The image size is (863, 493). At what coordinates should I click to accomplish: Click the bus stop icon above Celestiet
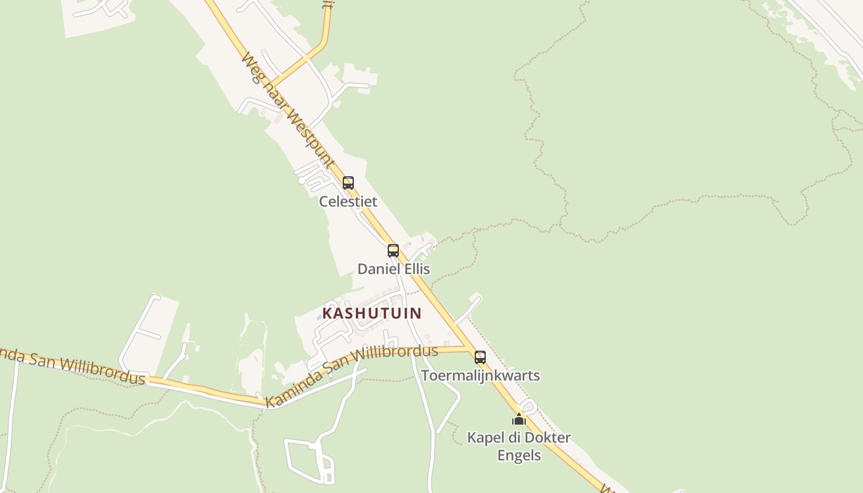pyautogui.click(x=348, y=183)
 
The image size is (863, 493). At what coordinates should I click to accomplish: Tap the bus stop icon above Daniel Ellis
pyautogui.click(x=393, y=251)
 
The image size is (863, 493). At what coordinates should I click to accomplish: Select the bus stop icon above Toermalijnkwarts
pyautogui.click(x=480, y=357)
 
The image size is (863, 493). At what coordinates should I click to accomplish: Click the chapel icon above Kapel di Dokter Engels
pyautogui.click(x=519, y=420)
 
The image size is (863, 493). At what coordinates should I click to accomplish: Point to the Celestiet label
pyautogui.click(x=348, y=202)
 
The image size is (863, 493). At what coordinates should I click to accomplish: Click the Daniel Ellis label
pyautogui.click(x=394, y=269)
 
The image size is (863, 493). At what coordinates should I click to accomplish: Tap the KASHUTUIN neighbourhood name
pyautogui.click(x=372, y=313)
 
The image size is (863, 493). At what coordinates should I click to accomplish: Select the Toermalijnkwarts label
pyautogui.click(x=480, y=375)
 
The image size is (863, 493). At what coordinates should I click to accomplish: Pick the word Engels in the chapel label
pyautogui.click(x=519, y=456)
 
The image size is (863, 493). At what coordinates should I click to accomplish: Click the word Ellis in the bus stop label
pyautogui.click(x=416, y=269)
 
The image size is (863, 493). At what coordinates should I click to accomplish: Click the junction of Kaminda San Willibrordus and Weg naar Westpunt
pyautogui.click(x=467, y=348)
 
